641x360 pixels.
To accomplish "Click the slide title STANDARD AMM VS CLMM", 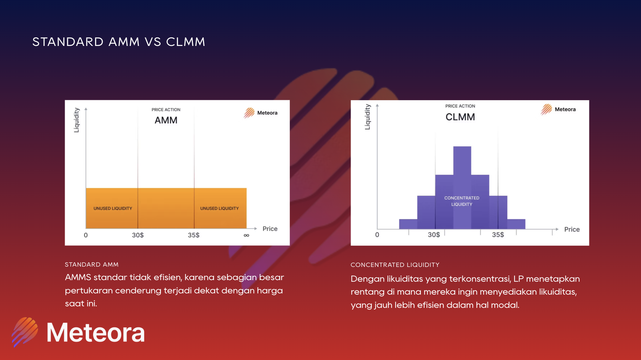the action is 119,42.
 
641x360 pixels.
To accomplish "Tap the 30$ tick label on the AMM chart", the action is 138,235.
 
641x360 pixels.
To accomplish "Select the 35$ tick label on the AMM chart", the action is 194,235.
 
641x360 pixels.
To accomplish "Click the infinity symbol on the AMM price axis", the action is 246,235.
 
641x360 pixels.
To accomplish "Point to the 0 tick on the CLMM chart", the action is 377,235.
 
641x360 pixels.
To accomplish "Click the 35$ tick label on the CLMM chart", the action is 498,235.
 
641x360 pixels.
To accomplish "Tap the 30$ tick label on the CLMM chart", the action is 434,235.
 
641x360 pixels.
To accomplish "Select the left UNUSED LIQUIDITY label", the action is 113,208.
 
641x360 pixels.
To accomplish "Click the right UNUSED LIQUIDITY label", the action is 219,208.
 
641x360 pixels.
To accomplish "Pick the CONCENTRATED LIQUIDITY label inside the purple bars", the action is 462,201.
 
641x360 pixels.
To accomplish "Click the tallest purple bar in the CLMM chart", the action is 462,187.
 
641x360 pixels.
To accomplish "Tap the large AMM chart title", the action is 166,120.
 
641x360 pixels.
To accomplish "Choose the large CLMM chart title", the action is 460,117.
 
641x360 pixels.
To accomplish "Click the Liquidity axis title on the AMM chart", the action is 76,120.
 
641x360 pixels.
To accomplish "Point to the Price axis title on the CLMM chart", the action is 572,229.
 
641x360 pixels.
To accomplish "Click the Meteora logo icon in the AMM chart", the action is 249,113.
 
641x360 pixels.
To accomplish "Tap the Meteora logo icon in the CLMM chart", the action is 546,109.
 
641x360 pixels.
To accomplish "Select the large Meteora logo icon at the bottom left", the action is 25,332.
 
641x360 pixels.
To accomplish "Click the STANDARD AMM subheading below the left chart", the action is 92,264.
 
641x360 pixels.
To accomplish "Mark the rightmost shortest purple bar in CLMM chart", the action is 516,224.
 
